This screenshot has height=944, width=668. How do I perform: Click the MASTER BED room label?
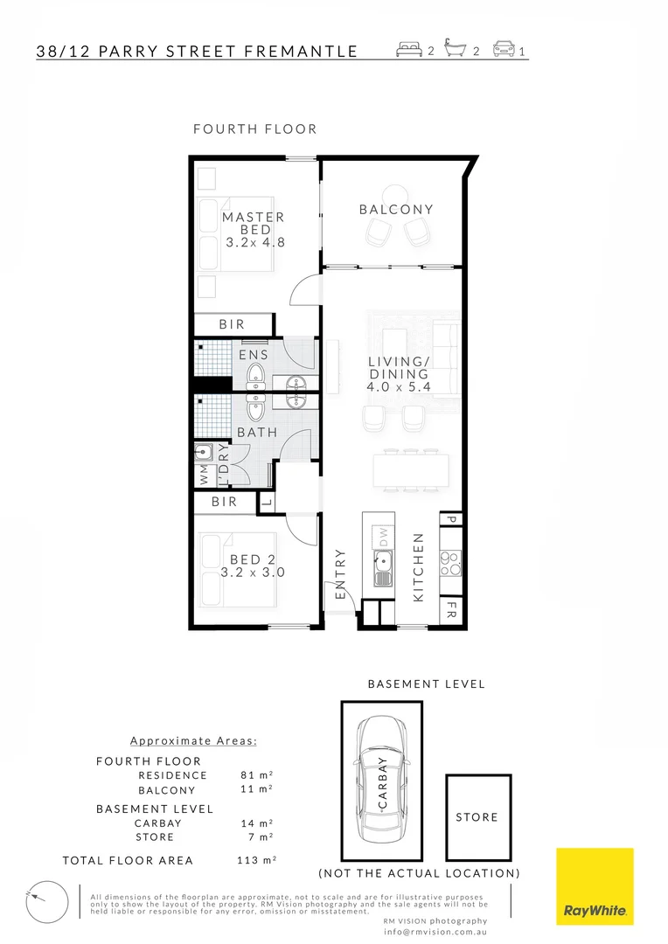click(x=253, y=230)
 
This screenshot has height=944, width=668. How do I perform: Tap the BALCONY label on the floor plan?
click(x=396, y=210)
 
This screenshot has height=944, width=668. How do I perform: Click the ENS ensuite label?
click(x=254, y=356)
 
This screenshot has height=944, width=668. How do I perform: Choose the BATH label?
click(x=257, y=432)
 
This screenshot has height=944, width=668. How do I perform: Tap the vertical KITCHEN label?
click(x=419, y=566)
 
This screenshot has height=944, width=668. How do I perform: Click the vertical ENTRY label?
click(x=341, y=573)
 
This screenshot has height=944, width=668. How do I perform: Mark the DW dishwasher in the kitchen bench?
click(x=381, y=534)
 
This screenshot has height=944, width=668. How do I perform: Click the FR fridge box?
click(x=452, y=607)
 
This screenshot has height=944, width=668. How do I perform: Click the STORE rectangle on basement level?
click(x=477, y=817)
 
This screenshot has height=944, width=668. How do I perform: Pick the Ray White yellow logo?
click(x=595, y=886)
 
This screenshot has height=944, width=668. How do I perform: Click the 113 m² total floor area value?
click(x=256, y=860)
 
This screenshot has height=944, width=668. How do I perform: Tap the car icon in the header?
click(x=504, y=49)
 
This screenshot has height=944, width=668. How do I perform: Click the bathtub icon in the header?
click(x=456, y=49)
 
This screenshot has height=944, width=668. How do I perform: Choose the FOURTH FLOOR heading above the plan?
click(x=254, y=128)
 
